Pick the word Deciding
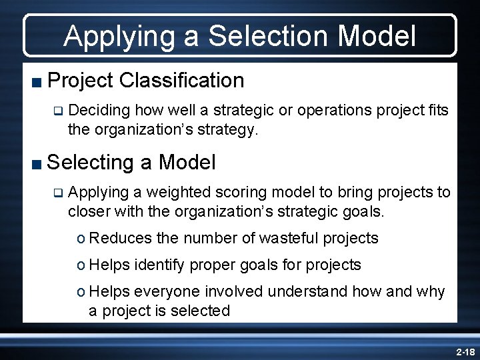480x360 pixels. pos(97,109)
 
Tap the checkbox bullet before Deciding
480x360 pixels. pos(58,110)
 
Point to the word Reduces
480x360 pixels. pos(119,238)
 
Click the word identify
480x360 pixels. pos(159,265)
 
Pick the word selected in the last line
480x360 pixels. pos(202,311)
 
